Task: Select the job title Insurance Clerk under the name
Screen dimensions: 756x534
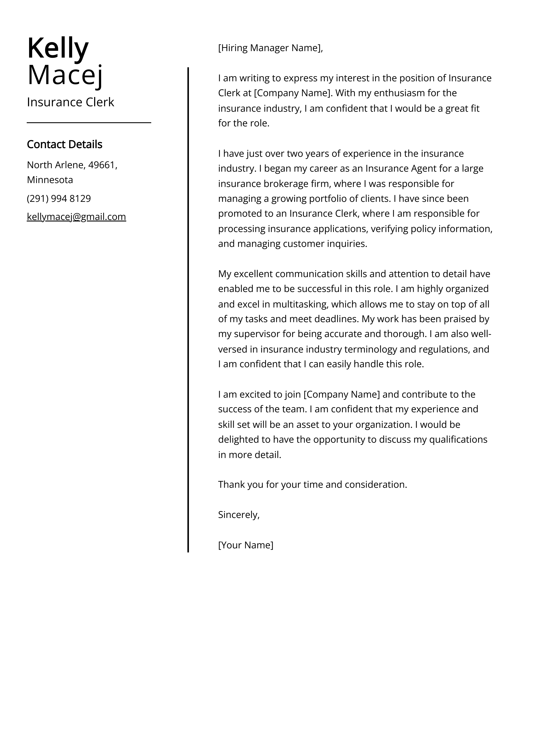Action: click(70, 102)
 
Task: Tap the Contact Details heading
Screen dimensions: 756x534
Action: click(64, 144)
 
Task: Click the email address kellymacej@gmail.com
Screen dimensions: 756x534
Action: click(76, 217)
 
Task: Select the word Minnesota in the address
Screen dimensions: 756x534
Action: click(50, 180)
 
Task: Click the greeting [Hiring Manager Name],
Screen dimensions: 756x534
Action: click(271, 48)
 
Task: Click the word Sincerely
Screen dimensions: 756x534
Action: click(238, 515)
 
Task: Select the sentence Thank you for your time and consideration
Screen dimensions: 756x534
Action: click(313, 484)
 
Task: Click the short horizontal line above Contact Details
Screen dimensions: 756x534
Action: click(89, 122)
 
